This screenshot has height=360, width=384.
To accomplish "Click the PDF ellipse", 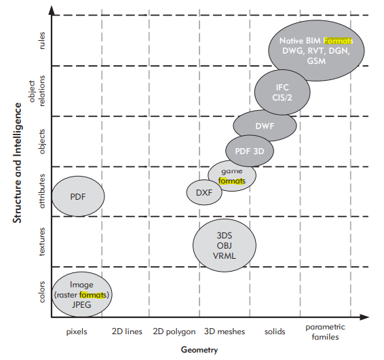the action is click(78, 196).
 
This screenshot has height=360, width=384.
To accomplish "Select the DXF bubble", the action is click(204, 192).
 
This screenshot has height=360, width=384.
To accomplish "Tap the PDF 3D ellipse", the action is click(250, 151).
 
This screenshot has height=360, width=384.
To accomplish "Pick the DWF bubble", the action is click(265, 126).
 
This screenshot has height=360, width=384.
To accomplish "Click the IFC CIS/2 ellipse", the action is click(282, 92).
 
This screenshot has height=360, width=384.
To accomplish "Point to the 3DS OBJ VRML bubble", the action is click(225, 245).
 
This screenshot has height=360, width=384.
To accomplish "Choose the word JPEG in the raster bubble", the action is click(81, 305).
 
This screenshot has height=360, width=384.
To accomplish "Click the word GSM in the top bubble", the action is click(316, 61).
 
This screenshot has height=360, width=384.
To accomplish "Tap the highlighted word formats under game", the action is click(231, 181).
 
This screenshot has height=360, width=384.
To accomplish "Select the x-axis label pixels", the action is click(77, 331).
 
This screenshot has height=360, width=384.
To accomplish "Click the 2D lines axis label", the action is click(127, 331).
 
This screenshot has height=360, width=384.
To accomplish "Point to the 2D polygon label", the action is click(174, 331).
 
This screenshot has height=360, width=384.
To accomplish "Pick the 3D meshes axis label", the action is click(225, 331).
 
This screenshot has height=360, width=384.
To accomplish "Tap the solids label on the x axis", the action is click(275, 331).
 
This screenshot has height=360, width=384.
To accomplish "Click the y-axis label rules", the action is click(42, 41).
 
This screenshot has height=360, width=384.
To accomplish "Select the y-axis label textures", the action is click(42, 242).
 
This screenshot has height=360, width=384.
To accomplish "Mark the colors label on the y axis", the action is click(42, 292).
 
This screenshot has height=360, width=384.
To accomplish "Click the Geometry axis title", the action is click(199, 350).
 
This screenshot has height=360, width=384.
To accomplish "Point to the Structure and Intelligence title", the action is click(17, 163).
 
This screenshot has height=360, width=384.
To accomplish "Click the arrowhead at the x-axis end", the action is click(364, 317).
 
